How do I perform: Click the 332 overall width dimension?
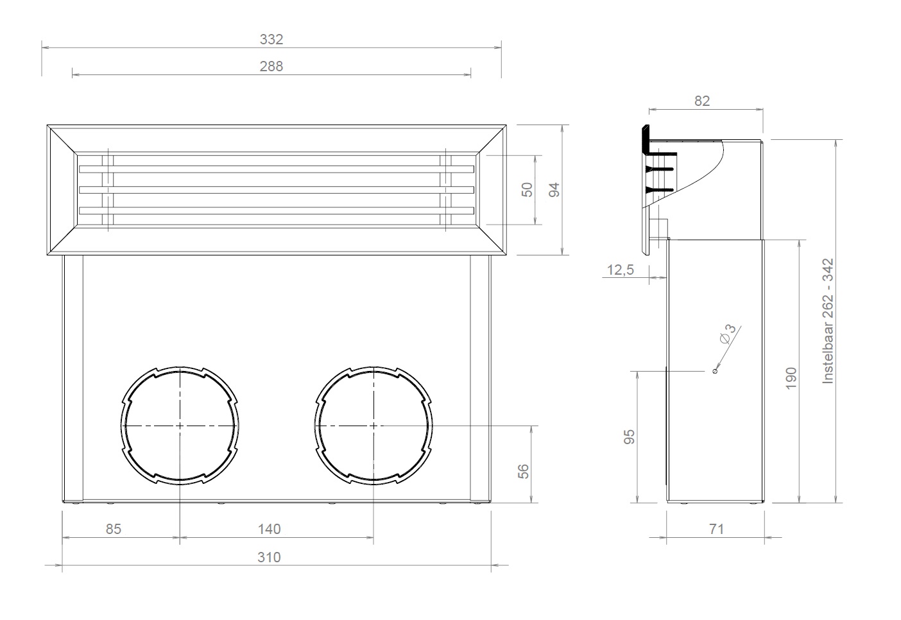coord(271,39)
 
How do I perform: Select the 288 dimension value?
coord(271,66)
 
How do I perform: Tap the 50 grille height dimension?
coord(527,189)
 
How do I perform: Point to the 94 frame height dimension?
coord(555,189)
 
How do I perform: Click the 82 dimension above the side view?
coord(702,101)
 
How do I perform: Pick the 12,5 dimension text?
coord(619,270)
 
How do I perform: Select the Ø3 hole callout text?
coord(728,334)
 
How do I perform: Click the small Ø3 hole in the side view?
coord(715,371)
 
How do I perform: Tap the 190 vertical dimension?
coord(791,378)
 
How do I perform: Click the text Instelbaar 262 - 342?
coord(828,321)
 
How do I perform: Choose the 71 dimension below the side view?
coord(716,529)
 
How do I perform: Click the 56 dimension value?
coord(524,471)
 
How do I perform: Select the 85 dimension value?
coord(113,529)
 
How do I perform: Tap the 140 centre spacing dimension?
coord(269,529)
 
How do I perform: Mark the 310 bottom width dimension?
coord(269,557)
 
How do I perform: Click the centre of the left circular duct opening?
coord(180,426)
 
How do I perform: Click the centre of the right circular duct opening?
coord(373,426)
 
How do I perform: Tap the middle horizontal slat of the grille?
coord(276,190)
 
